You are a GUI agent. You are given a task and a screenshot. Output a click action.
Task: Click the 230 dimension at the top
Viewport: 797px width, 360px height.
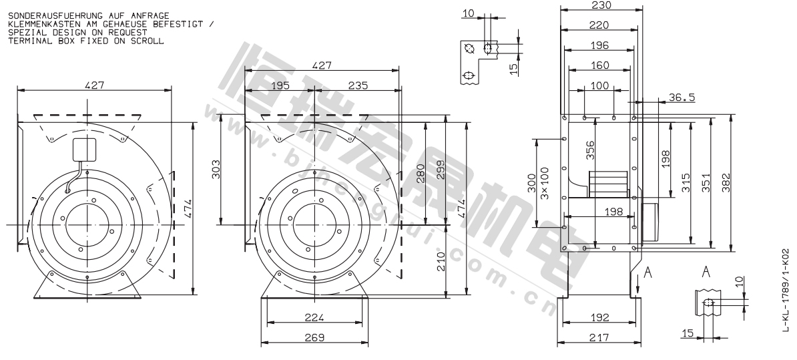click(601, 5)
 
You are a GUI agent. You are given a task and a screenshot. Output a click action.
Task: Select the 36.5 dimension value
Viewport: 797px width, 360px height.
click(682, 97)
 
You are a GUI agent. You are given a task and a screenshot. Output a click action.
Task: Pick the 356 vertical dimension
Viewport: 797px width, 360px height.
click(591, 150)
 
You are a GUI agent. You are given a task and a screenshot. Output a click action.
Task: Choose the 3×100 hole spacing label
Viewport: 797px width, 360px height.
click(545, 183)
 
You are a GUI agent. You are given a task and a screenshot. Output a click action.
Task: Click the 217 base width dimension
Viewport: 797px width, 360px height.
click(600, 337)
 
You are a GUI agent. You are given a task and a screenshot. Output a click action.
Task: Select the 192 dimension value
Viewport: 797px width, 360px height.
click(600, 317)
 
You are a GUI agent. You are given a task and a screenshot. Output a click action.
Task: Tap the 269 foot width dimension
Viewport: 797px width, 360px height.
click(314, 337)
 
